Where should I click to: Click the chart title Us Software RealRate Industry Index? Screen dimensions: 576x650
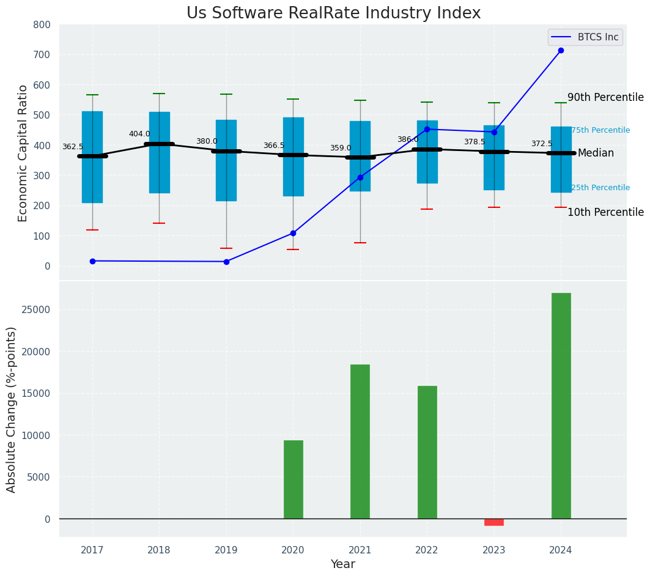point(333,13)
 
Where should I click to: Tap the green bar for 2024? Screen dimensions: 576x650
point(561,405)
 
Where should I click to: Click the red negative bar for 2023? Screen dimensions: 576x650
point(494,522)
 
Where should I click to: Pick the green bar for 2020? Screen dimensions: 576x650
point(293,479)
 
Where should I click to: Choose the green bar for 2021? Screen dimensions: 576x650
point(360,441)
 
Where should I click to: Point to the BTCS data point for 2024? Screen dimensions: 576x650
point(561,50)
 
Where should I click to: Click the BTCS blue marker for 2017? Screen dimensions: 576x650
point(92,261)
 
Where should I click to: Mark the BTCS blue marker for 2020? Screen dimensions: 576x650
point(293,233)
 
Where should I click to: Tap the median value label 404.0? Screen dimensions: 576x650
point(139,134)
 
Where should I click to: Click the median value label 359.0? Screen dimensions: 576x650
point(341,148)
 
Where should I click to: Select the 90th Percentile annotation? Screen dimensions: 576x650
point(605,97)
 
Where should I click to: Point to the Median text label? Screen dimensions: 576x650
point(596,153)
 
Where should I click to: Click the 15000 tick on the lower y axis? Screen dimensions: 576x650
point(37,393)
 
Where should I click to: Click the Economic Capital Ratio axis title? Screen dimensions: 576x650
point(23,153)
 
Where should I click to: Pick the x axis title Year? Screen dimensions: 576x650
point(342,564)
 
